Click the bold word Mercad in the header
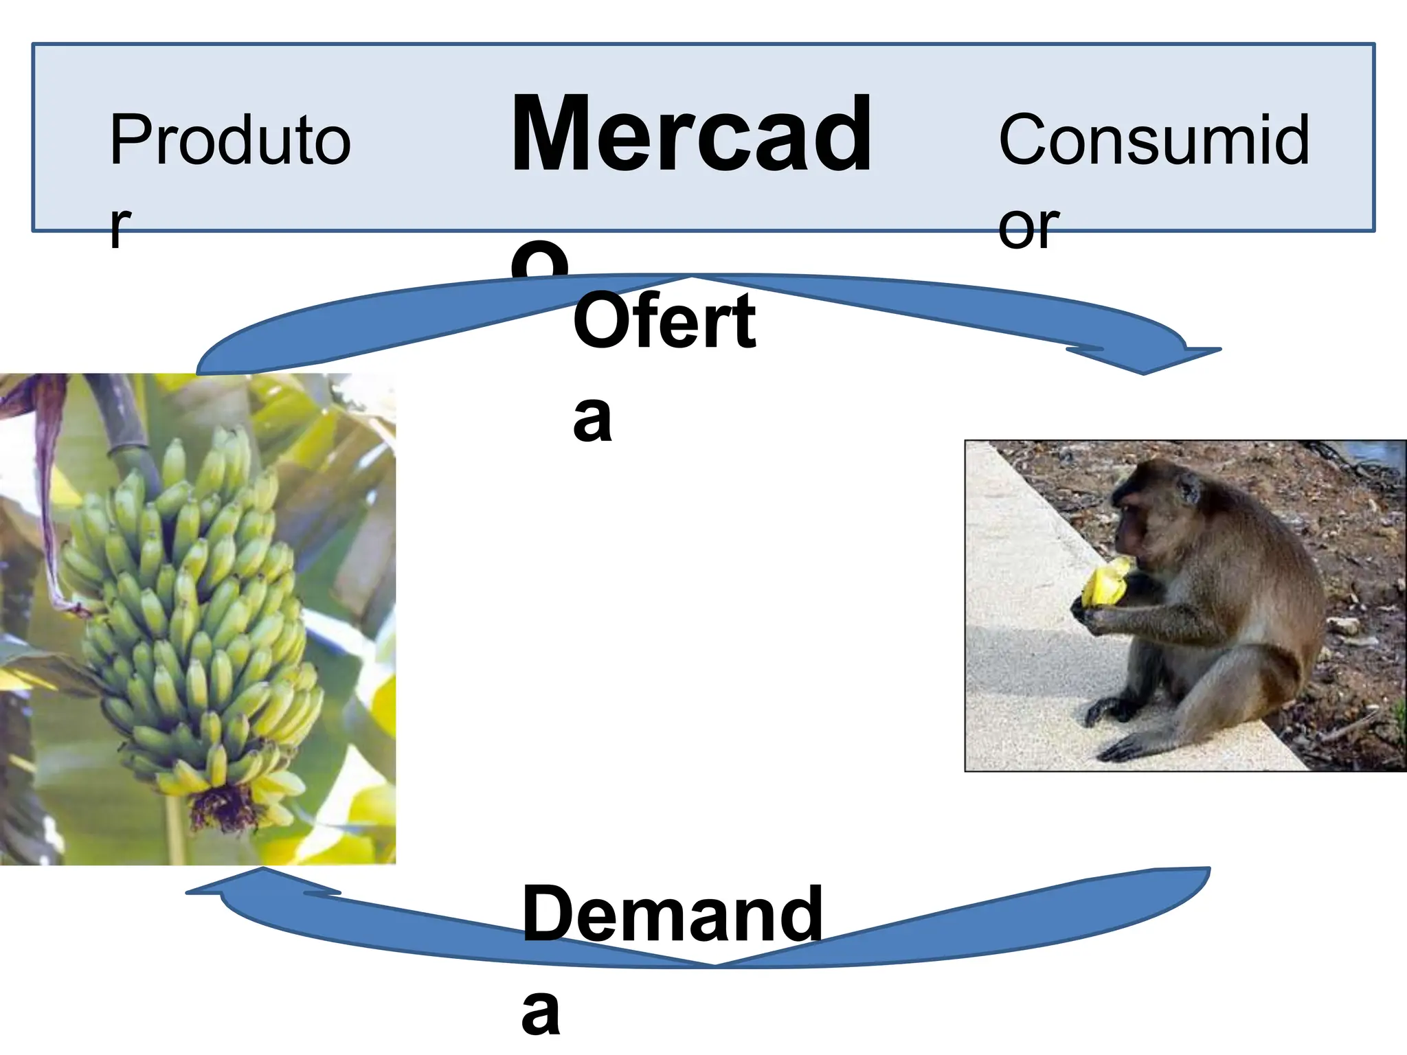pos(691,135)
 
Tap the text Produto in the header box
pos(230,141)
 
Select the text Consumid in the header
pos(1153,141)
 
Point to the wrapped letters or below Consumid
pos(1028,226)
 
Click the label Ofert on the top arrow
pos(664,321)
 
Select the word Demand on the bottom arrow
pos(672,914)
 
